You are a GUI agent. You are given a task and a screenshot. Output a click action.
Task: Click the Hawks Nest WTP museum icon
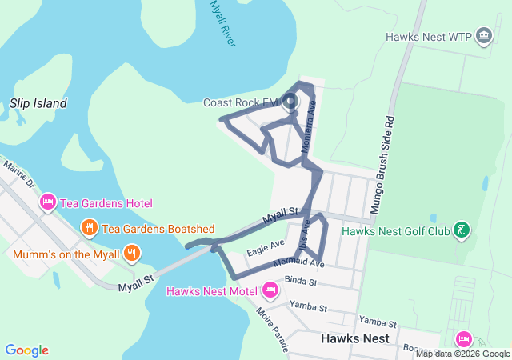(484, 36)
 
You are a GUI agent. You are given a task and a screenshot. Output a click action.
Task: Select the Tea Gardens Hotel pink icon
(47, 203)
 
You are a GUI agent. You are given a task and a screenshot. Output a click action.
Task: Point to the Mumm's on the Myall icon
(132, 254)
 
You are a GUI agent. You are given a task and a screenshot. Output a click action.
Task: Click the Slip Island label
(38, 103)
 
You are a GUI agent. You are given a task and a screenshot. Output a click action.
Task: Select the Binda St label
(301, 282)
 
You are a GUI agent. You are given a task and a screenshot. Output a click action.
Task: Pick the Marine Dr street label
(20, 177)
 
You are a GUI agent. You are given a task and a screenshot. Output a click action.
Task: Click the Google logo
(26, 350)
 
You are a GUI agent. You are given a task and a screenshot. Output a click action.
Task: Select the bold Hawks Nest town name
(354, 338)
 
